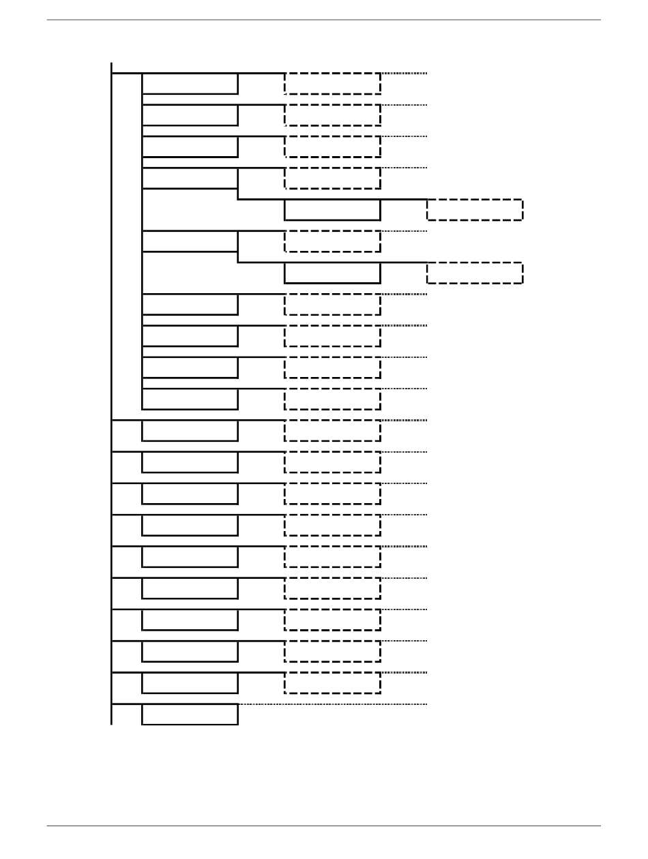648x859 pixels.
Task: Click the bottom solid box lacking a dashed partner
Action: (x=190, y=714)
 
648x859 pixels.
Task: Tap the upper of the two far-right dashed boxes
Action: (x=475, y=210)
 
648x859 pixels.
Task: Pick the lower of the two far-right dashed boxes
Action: (x=475, y=273)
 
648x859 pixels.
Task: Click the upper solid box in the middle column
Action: (x=332, y=210)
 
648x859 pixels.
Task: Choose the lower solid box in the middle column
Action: (x=332, y=273)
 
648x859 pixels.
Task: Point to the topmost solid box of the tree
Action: (x=190, y=83)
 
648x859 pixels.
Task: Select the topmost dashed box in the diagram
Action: (x=332, y=83)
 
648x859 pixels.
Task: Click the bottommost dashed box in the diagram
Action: (x=332, y=683)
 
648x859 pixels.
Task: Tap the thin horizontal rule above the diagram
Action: (x=324, y=20)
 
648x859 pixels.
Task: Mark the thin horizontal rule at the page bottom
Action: (x=324, y=826)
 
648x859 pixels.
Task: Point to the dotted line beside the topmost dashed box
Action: (x=404, y=73)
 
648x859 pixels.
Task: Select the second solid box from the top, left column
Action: (x=190, y=115)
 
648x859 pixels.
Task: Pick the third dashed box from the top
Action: (x=332, y=147)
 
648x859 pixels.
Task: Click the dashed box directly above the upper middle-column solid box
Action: (x=332, y=178)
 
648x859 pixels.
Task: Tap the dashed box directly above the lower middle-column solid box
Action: (x=332, y=241)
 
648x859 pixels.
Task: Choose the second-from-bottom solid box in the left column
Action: (x=190, y=683)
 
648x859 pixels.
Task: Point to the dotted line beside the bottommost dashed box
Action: (x=404, y=673)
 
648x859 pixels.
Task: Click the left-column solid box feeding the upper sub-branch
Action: (x=190, y=178)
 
